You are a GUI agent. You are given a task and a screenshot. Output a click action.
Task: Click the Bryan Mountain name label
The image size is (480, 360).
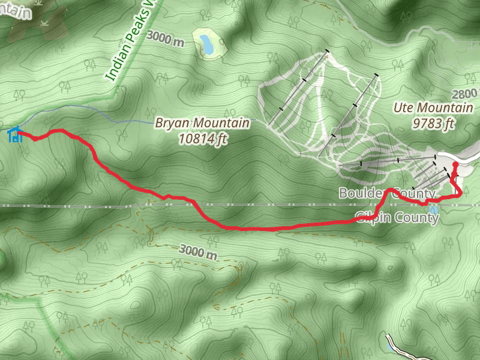tap(202, 123)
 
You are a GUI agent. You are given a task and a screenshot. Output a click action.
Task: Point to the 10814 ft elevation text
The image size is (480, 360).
tap(202, 139)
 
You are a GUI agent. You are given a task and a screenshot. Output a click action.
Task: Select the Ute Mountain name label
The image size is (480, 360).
tap(433, 108)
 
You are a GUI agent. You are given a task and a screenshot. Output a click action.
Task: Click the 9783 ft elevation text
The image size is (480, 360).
tap(433, 124)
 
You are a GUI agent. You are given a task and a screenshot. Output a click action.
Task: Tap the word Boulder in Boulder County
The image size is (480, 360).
tap(359, 193)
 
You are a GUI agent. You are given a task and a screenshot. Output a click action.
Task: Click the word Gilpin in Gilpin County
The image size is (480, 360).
tap(372, 217)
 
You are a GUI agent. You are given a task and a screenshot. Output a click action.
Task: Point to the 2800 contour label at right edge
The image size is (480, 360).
tap(466, 94)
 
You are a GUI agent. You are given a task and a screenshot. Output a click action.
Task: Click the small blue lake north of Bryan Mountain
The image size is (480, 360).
tap(206, 43)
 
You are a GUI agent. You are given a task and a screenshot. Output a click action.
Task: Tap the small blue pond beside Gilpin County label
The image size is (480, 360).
tap(433, 209)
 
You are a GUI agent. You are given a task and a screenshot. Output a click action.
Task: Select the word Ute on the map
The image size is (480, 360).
tap(403, 108)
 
